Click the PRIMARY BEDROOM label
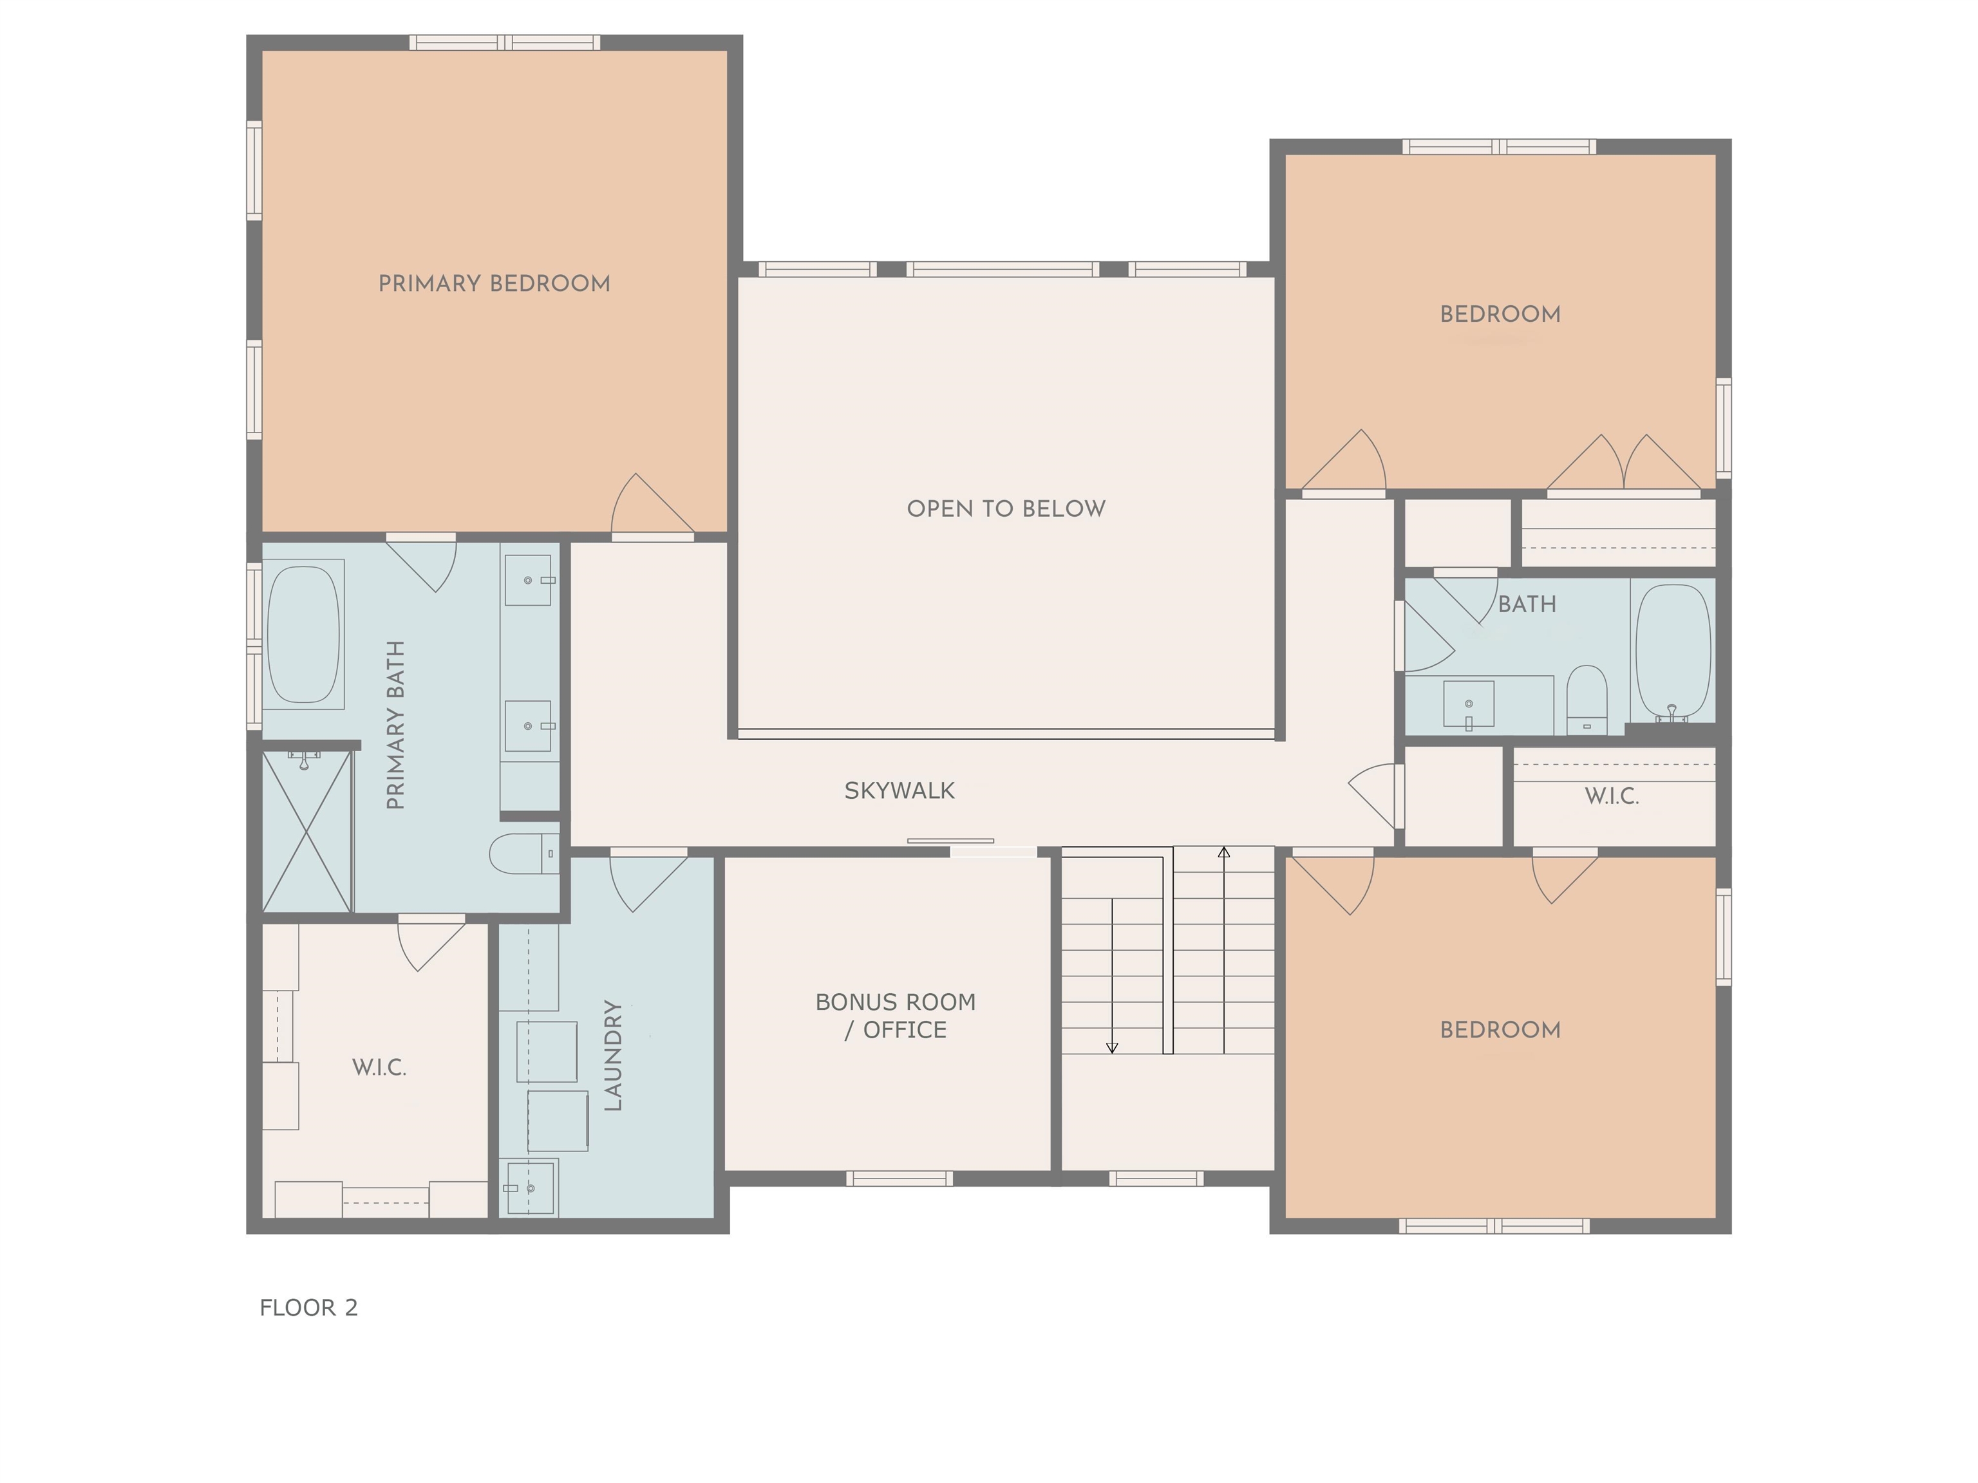(494, 283)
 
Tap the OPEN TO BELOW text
(1006, 508)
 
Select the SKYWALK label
(900, 790)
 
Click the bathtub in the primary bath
(304, 635)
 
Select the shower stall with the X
(306, 832)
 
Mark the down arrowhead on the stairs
(1113, 1048)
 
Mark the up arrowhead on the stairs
(1223, 852)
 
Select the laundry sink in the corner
(531, 1187)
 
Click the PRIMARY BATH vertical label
(395, 725)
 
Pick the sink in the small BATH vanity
(1468, 704)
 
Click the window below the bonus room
(899, 1178)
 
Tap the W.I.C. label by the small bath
(1612, 796)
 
